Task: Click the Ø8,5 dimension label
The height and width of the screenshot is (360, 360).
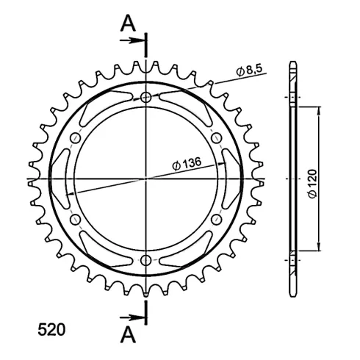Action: [x=249, y=71]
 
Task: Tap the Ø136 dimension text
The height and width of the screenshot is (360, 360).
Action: [x=187, y=164]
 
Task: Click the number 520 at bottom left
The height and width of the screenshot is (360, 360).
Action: [x=51, y=330]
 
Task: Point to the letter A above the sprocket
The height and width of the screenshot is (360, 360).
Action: [x=128, y=24]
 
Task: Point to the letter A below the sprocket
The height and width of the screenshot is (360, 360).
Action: [x=128, y=335]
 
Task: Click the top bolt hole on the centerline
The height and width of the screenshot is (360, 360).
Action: [x=146, y=98]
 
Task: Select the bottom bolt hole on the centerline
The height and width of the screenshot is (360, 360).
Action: [x=146, y=260]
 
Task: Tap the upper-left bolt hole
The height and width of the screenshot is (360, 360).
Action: [x=76, y=138]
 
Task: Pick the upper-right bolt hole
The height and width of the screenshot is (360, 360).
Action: [x=217, y=138]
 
